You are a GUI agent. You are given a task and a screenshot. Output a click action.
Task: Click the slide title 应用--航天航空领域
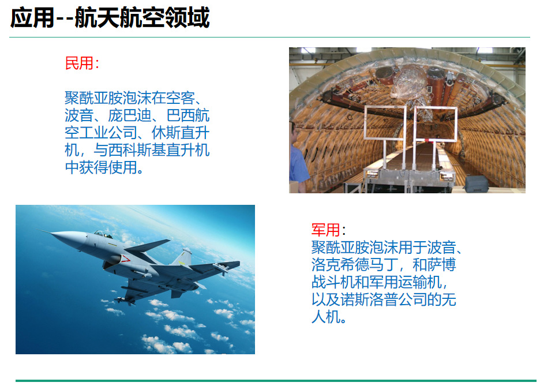click(110, 17)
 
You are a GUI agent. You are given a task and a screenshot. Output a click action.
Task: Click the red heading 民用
click(79, 63)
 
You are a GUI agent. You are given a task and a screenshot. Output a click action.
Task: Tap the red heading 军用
click(325, 230)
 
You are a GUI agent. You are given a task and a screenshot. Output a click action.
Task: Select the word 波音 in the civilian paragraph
click(79, 115)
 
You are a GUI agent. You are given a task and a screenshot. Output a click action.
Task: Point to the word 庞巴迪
click(130, 115)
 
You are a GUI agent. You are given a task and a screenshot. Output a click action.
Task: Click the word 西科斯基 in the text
click(137, 150)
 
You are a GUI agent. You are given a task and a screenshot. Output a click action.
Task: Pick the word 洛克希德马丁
click(355, 264)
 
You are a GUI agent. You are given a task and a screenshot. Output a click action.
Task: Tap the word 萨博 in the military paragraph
click(441, 264)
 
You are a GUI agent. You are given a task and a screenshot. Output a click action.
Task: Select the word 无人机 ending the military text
click(384, 308)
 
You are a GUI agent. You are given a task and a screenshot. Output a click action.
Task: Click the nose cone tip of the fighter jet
click(51, 234)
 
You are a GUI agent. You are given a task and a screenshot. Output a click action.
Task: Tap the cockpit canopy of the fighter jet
click(103, 234)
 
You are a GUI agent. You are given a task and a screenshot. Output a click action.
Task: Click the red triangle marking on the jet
click(125, 258)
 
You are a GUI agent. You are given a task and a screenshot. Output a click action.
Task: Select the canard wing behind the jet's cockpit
click(148, 246)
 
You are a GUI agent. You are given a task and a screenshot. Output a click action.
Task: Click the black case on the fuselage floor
click(477, 184)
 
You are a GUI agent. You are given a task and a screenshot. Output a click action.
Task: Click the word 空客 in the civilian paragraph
click(181, 98)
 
